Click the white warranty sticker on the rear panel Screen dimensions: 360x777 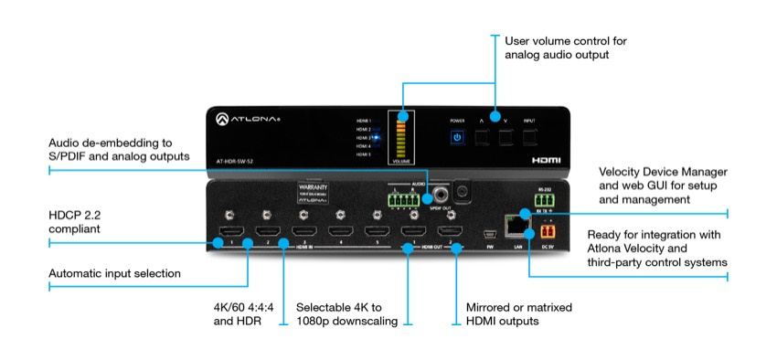[311, 193]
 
